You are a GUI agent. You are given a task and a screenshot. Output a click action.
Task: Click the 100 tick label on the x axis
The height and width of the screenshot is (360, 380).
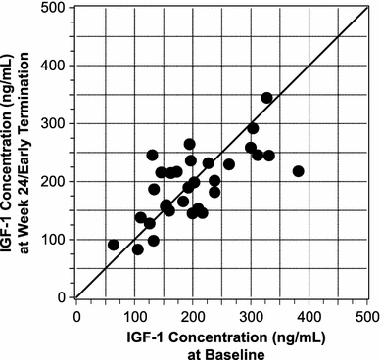(134, 315)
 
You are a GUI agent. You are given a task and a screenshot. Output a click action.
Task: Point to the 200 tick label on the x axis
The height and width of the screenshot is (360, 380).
(193, 315)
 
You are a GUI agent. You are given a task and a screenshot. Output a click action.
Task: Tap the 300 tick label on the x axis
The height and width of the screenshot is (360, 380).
(252, 315)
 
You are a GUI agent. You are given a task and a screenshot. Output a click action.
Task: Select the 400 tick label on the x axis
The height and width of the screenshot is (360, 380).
(309, 315)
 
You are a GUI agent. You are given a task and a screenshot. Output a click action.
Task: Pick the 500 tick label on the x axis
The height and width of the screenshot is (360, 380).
(366, 315)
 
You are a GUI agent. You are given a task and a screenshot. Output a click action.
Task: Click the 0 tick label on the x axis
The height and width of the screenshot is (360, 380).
(76, 315)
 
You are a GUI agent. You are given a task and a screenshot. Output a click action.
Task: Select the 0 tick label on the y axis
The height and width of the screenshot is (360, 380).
(66, 297)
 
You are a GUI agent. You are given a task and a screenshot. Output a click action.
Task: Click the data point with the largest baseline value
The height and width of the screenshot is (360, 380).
(299, 171)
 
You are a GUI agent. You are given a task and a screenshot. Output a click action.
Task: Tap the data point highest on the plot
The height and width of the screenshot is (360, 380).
(267, 98)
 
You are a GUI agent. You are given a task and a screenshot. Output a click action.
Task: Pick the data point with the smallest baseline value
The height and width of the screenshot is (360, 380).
(114, 245)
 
